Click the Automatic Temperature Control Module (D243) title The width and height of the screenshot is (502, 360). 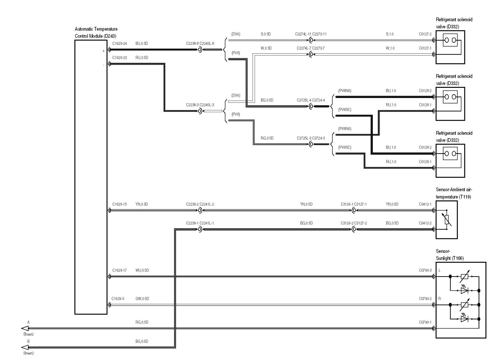(x=96, y=33)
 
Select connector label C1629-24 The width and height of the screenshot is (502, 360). (x=120, y=44)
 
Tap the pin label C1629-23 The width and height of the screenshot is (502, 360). (x=120, y=58)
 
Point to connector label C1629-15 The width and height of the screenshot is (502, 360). (x=120, y=204)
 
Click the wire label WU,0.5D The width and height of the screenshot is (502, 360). (x=142, y=270)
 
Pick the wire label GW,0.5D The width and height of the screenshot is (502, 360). (x=142, y=299)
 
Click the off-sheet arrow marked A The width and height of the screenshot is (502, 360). (x=25, y=328)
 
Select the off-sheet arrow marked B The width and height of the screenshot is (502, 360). (x=25, y=347)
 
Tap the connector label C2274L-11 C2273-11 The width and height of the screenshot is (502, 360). (x=311, y=34)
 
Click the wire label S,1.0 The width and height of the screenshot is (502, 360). (x=390, y=34)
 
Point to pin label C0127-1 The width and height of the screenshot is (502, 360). (x=425, y=48)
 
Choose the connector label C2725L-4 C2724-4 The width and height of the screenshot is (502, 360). (x=311, y=100)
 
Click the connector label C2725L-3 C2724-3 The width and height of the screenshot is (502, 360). (x=311, y=138)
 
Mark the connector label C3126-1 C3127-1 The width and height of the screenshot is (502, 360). (x=354, y=204)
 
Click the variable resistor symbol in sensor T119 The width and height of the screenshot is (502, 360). (x=447, y=220)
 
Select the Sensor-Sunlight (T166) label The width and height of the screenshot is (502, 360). (x=450, y=255)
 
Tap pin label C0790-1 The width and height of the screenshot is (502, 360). (x=425, y=322)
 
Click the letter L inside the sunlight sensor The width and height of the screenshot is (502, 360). (x=440, y=270)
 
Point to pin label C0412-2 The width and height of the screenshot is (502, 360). (x=425, y=223)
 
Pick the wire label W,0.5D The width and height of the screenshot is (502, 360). (x=266, y=48)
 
